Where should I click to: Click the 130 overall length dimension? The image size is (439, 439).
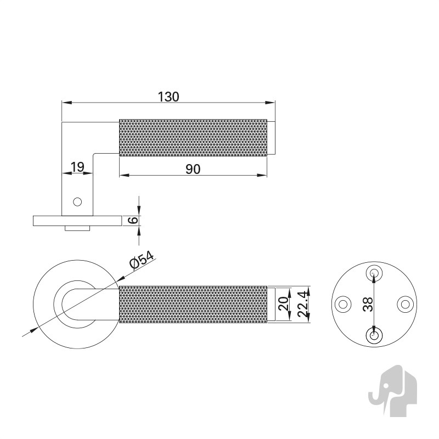pyautogui.click(x=168, y=97)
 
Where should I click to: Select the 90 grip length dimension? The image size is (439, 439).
pyautogui.click(x=193, y=169)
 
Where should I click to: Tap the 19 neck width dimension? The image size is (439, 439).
pyautogui.click(x=77, y=167)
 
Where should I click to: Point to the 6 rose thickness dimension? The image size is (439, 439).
pyautogui.click(x=133, y=220)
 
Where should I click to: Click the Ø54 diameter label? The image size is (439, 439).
pyautogui.click(x=142, y=260)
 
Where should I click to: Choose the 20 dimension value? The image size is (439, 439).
pyautogui.click(x=283, y=304)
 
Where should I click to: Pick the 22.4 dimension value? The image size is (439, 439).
pyautogui.click(x=303, y=304)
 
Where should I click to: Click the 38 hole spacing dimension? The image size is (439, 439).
pyautogui.click(x=368, y=304)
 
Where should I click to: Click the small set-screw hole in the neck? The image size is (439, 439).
pyautogui.click(x=77, y=201)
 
